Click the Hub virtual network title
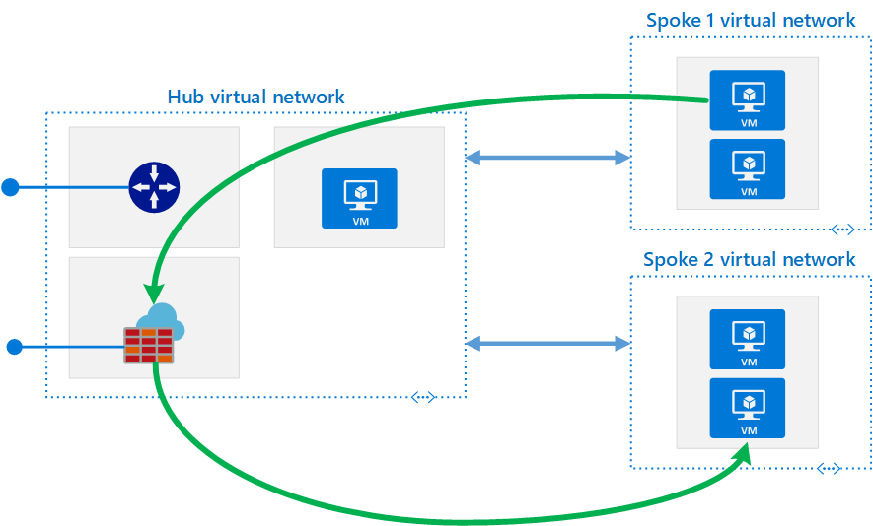pyautogui.click(x=255, y=97)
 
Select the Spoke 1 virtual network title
pyautogui.click(x=751, y=20)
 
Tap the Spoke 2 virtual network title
pyautogui.click(x=749, y=260)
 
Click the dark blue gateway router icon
pyautogui.click(x=154, y=186)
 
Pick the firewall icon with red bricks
pyautogui.click(x=148, y=344)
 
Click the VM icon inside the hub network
pyautogui.click(x=359, y=198)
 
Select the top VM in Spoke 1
pyautogui.click(x=748, y=100)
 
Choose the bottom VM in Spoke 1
pyautogui.click(x=748, y=168)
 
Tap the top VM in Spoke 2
pyautogui.click(x=748, y=339)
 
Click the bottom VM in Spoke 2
pyautogui.click(x=748, y=408)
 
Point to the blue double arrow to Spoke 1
pyautogui.click(x=547, y=157)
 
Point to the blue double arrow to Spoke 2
pyautogui.click(x=547, y=343)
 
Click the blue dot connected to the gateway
pyautogui.click(x=11, y=187)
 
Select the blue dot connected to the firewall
pyautogui.click(x=14, y=346)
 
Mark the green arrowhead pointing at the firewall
pyautogui.click(x=152, y=295)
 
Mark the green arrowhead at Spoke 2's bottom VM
pyautogui.click(x=741, y=454)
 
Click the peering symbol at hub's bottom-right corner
pyautogui.click(x=423, y=397)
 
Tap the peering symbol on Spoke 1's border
pyautogui.click(x=841, y=230)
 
